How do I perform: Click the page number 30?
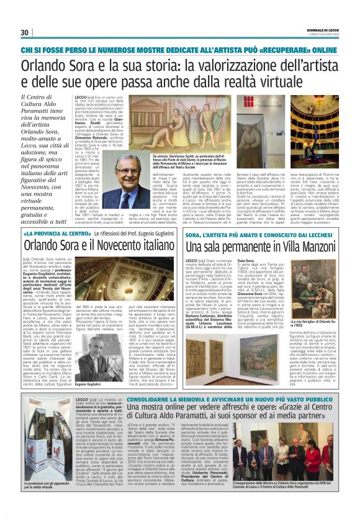(x=25, y=32)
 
